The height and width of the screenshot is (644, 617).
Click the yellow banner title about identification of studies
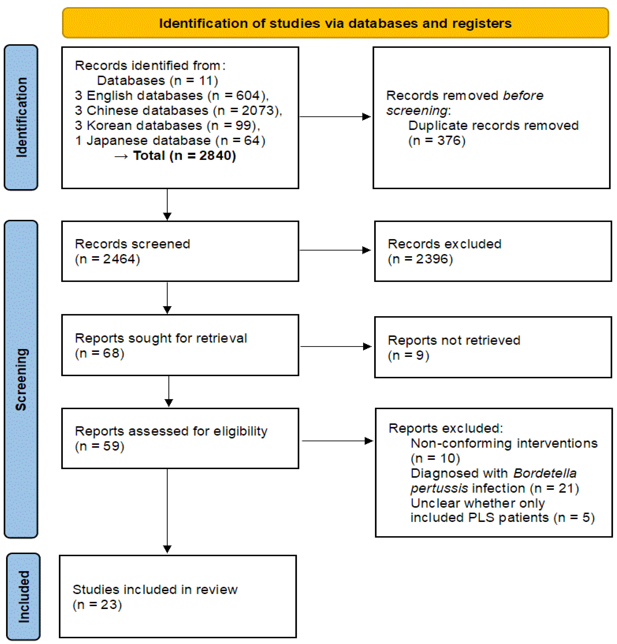[335, 23]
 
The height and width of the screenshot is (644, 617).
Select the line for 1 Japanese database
[170, 141]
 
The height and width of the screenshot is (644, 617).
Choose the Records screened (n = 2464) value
[107, 259]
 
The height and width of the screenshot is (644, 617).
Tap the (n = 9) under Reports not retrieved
[408, 355]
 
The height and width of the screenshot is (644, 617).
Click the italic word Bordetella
[545, 473]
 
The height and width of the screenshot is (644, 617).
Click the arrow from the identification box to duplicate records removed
[335, 117]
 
